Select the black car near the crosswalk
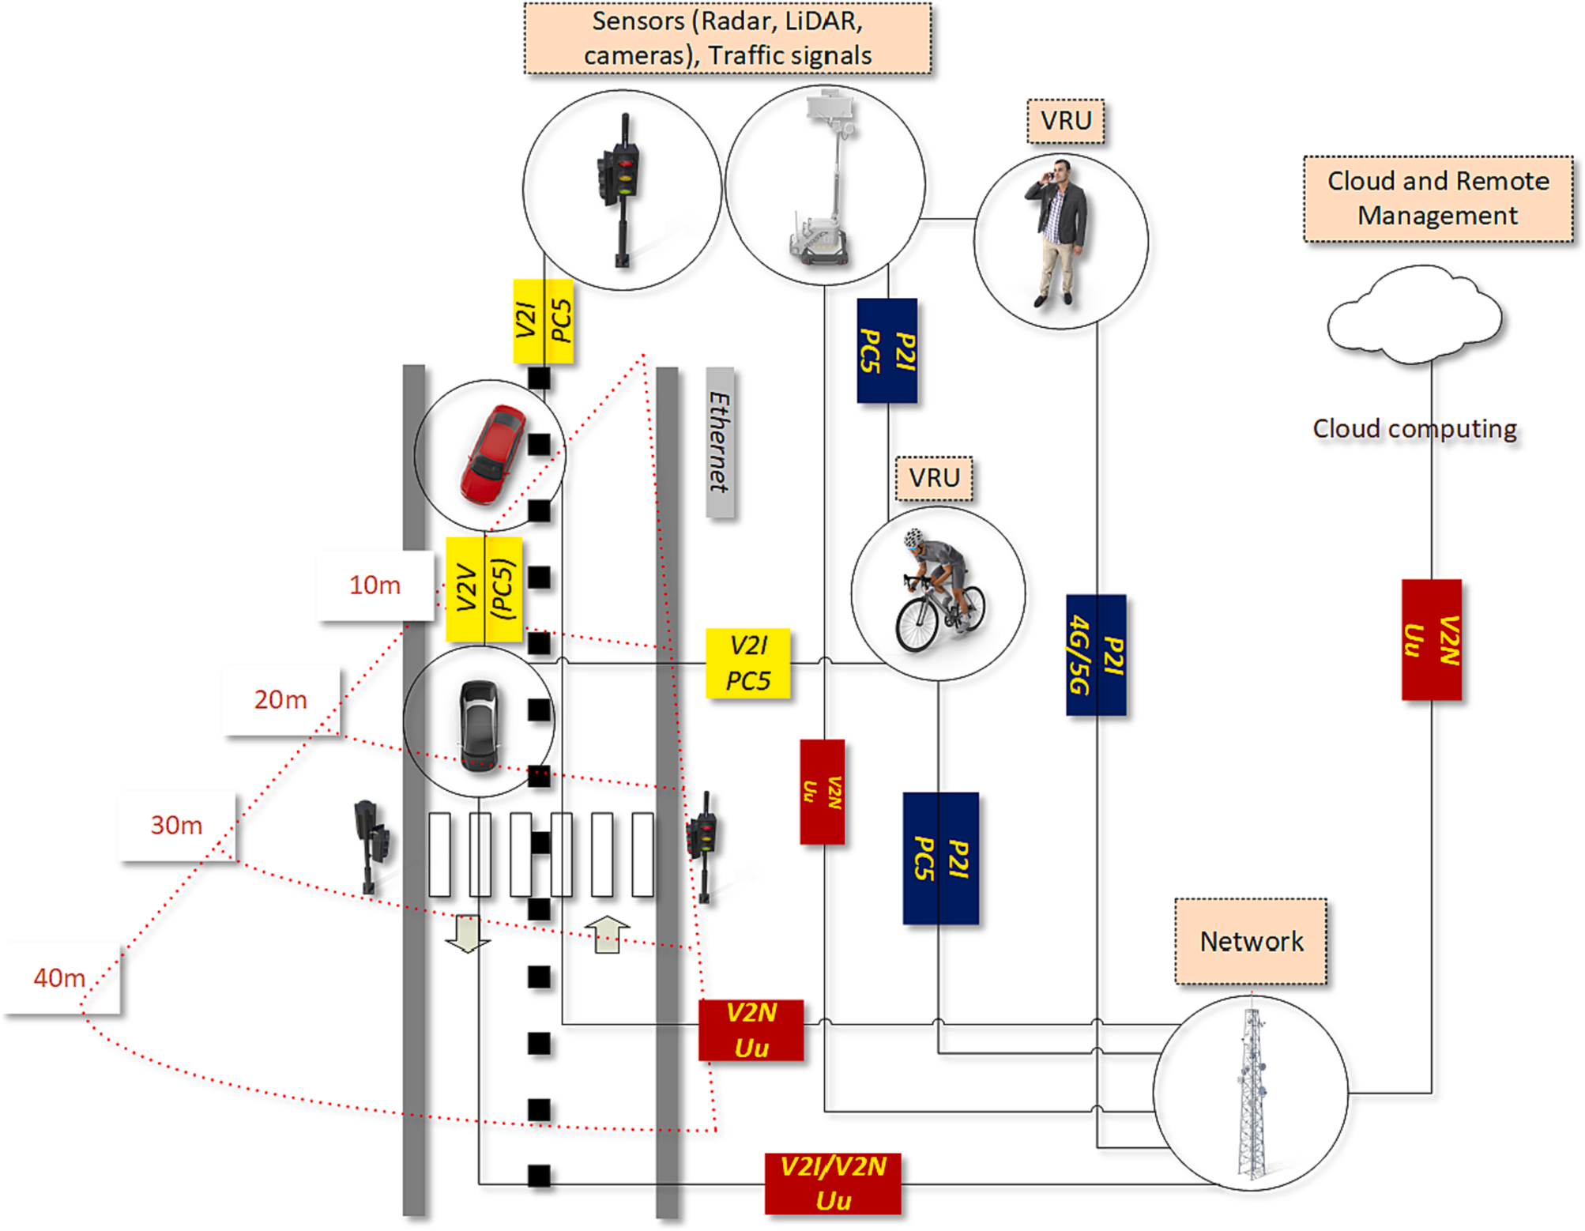479,723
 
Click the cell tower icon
1251,1094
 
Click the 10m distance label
375,585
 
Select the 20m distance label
281,700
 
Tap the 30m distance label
177,826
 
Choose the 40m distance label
60,978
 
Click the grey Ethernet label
719,442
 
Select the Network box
1251,941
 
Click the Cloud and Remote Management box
1437,198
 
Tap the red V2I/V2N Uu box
833,1184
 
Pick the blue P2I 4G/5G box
1096,655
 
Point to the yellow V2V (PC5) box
484,589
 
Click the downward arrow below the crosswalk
467,933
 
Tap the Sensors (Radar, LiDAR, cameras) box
728,38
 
